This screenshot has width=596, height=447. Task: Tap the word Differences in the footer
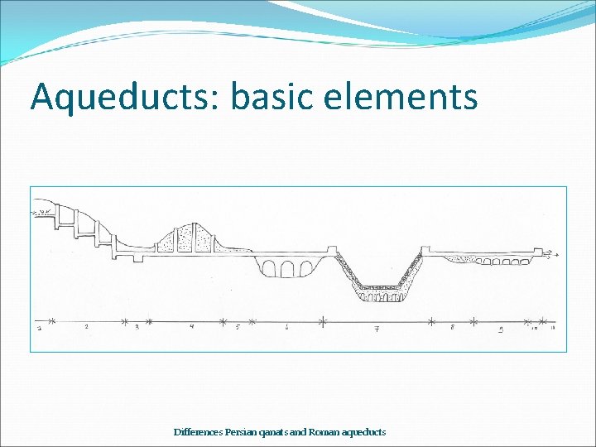[198, 432]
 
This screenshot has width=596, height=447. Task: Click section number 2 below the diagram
[87, 328]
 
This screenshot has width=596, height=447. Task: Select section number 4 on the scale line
[191, 328]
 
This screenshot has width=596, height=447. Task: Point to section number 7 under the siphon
[377, 329]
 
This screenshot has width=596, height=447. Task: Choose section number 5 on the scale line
[238, 328]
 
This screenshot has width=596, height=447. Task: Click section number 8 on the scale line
[452, 328]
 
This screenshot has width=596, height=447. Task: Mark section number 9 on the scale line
[502, 329]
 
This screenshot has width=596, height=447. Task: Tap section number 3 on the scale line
[137, 328]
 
